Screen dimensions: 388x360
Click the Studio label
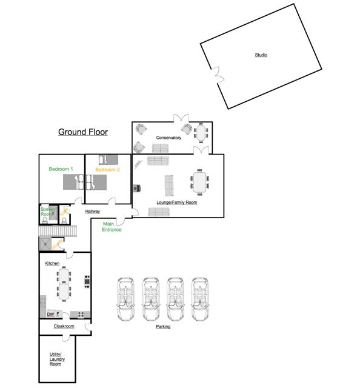click(x=261, y=55)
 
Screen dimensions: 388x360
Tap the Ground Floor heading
click(x=83, y=132)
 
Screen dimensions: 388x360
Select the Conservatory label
click(x=168, y=138)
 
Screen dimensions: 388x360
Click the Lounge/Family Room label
click(x=176, y=202)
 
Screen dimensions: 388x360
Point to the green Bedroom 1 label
click(x=61, y=169)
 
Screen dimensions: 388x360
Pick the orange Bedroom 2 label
click(x=107, y=170)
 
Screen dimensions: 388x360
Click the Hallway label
click(x=92, y=212)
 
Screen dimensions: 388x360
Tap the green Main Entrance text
click(x=112, y=227)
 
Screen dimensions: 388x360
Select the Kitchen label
click(x=52, y=263)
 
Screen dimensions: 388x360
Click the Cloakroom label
click(x=64, y=326)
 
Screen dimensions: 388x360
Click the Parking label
click(x=163, y=327)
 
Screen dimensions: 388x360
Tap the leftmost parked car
click(x=127, y=299)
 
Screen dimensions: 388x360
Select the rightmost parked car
click(x=201, y=299)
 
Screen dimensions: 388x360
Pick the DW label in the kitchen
click(x=50, y=314)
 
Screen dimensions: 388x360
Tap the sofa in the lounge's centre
click(x=169, y=182)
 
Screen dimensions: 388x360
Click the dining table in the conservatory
click(x=201, y=131)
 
